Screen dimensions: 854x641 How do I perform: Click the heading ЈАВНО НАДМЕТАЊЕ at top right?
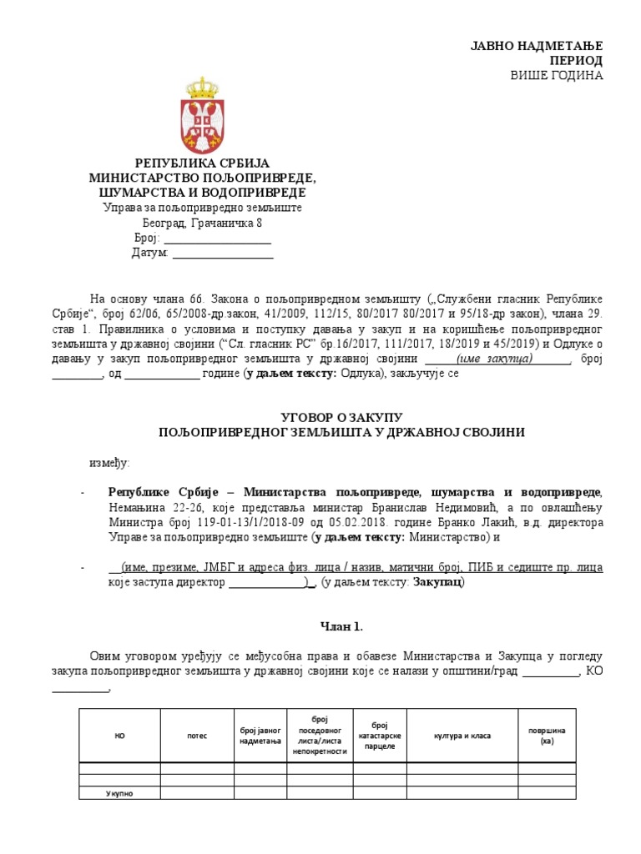tap(548, 46)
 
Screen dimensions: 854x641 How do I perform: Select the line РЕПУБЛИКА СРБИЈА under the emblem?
tap(203, 163)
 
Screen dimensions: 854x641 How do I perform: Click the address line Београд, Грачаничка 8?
tap(202, 224)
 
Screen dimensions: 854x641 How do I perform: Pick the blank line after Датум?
tap(223, 254)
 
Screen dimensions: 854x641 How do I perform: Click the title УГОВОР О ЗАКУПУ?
tap(341, 415)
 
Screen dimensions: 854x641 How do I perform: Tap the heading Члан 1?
tap(342, 626)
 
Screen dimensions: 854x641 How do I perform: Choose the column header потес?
tap(198, 736)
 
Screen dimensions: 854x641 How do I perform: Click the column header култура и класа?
tap(462, 736)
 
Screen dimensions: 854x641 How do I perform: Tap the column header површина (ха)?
tap(546, 736)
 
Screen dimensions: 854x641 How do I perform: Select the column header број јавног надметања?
tap(260, 736)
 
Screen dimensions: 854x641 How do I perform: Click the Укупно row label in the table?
tap(119, 793)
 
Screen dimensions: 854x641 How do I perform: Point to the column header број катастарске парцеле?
tap(380, 736)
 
